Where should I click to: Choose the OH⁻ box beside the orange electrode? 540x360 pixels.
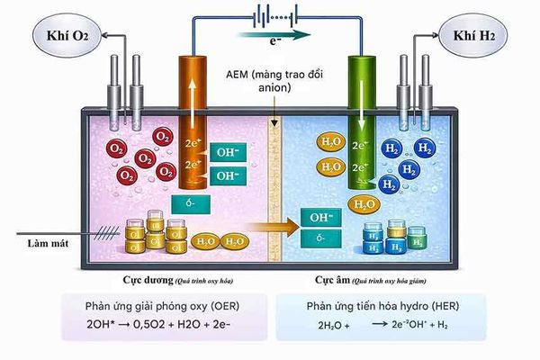click(x=229, y=151)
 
